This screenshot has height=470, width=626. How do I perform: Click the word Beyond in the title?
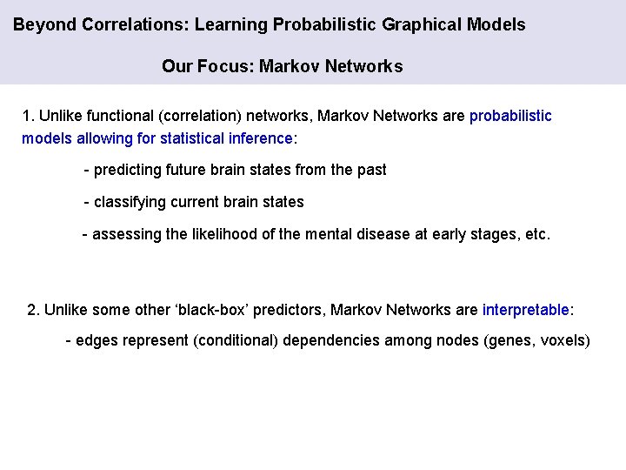pos(44,24)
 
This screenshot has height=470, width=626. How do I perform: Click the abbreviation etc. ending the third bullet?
pos(538,234)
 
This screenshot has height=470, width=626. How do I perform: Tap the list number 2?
pos(33,309)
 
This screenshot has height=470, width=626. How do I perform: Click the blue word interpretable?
pos(526,309)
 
